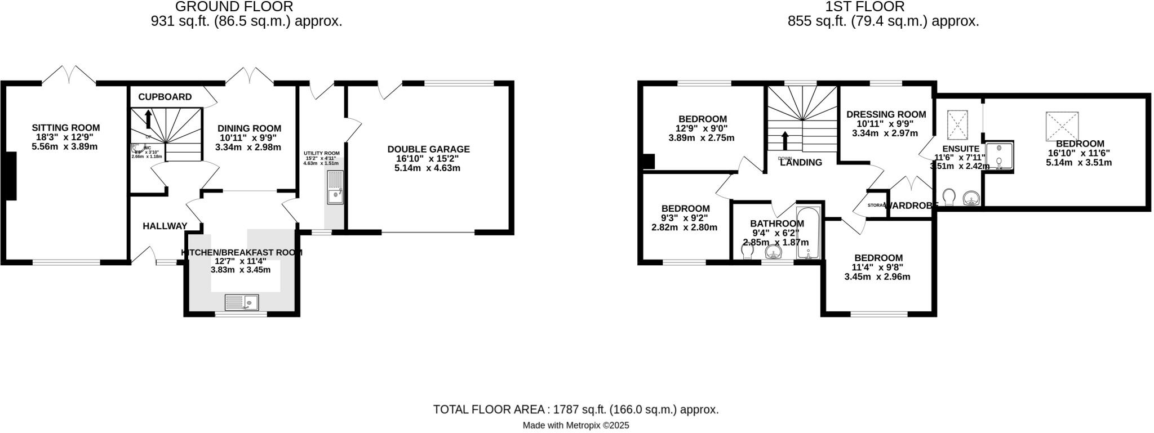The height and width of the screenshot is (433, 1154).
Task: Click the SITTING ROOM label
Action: point(65,128)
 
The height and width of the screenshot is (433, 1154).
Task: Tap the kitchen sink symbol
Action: point(241,303)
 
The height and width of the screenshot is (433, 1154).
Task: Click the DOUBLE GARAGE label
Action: point(428,149)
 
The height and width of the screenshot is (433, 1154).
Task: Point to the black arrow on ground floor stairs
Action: point(148,119)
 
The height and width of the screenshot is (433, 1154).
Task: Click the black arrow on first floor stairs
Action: point(785,141)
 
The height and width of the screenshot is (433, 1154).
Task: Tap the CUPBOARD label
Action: point(165,97)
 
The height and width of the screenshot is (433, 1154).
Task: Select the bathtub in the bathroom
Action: point(809,233)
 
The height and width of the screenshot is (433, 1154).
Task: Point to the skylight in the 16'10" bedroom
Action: point(1062,127)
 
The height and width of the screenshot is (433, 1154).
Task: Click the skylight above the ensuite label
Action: point(956,124)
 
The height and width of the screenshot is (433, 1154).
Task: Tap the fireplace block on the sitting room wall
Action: point(10,176)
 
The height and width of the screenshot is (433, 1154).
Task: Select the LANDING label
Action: point(801,163)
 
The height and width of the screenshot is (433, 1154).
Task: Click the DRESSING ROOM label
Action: point(886,114)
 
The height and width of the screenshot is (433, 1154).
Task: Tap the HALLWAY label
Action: point(165,226)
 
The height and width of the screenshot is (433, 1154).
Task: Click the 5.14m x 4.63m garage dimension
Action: point(428,168)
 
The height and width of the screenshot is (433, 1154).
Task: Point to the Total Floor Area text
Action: point(575,409)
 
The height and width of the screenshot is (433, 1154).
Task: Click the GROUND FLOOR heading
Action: point(234,7)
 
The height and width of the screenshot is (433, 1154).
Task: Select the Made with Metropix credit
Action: point(575,426)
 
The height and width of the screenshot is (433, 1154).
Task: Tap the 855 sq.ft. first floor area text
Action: point(882,21)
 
